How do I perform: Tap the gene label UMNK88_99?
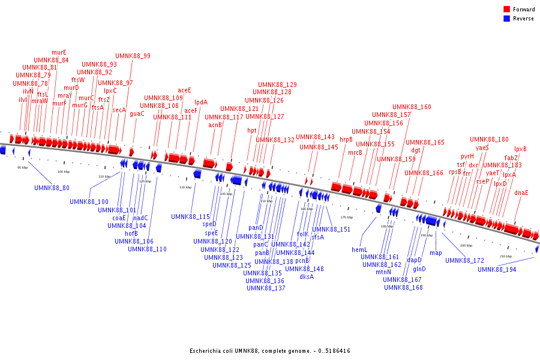click(133, 56)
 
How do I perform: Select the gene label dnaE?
click(521, 193)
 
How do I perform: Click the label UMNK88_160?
click(412, 107)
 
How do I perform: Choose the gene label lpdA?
click(200, 103)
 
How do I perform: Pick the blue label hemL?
click(359, 250)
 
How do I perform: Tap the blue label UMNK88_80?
click(52, 188)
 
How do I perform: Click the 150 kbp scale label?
click(266, 201)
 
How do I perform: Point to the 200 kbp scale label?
click(466, 245)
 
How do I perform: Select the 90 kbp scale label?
click(22, 167)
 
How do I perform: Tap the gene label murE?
click(59, 53)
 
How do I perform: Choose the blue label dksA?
click(307, 277)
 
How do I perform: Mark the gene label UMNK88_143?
click(315, 137)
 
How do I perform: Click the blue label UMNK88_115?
click(190, 217)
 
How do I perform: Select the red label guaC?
click(137, 113)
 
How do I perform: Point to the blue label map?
click(436, 253)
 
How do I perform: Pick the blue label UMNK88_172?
click(464, 260)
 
